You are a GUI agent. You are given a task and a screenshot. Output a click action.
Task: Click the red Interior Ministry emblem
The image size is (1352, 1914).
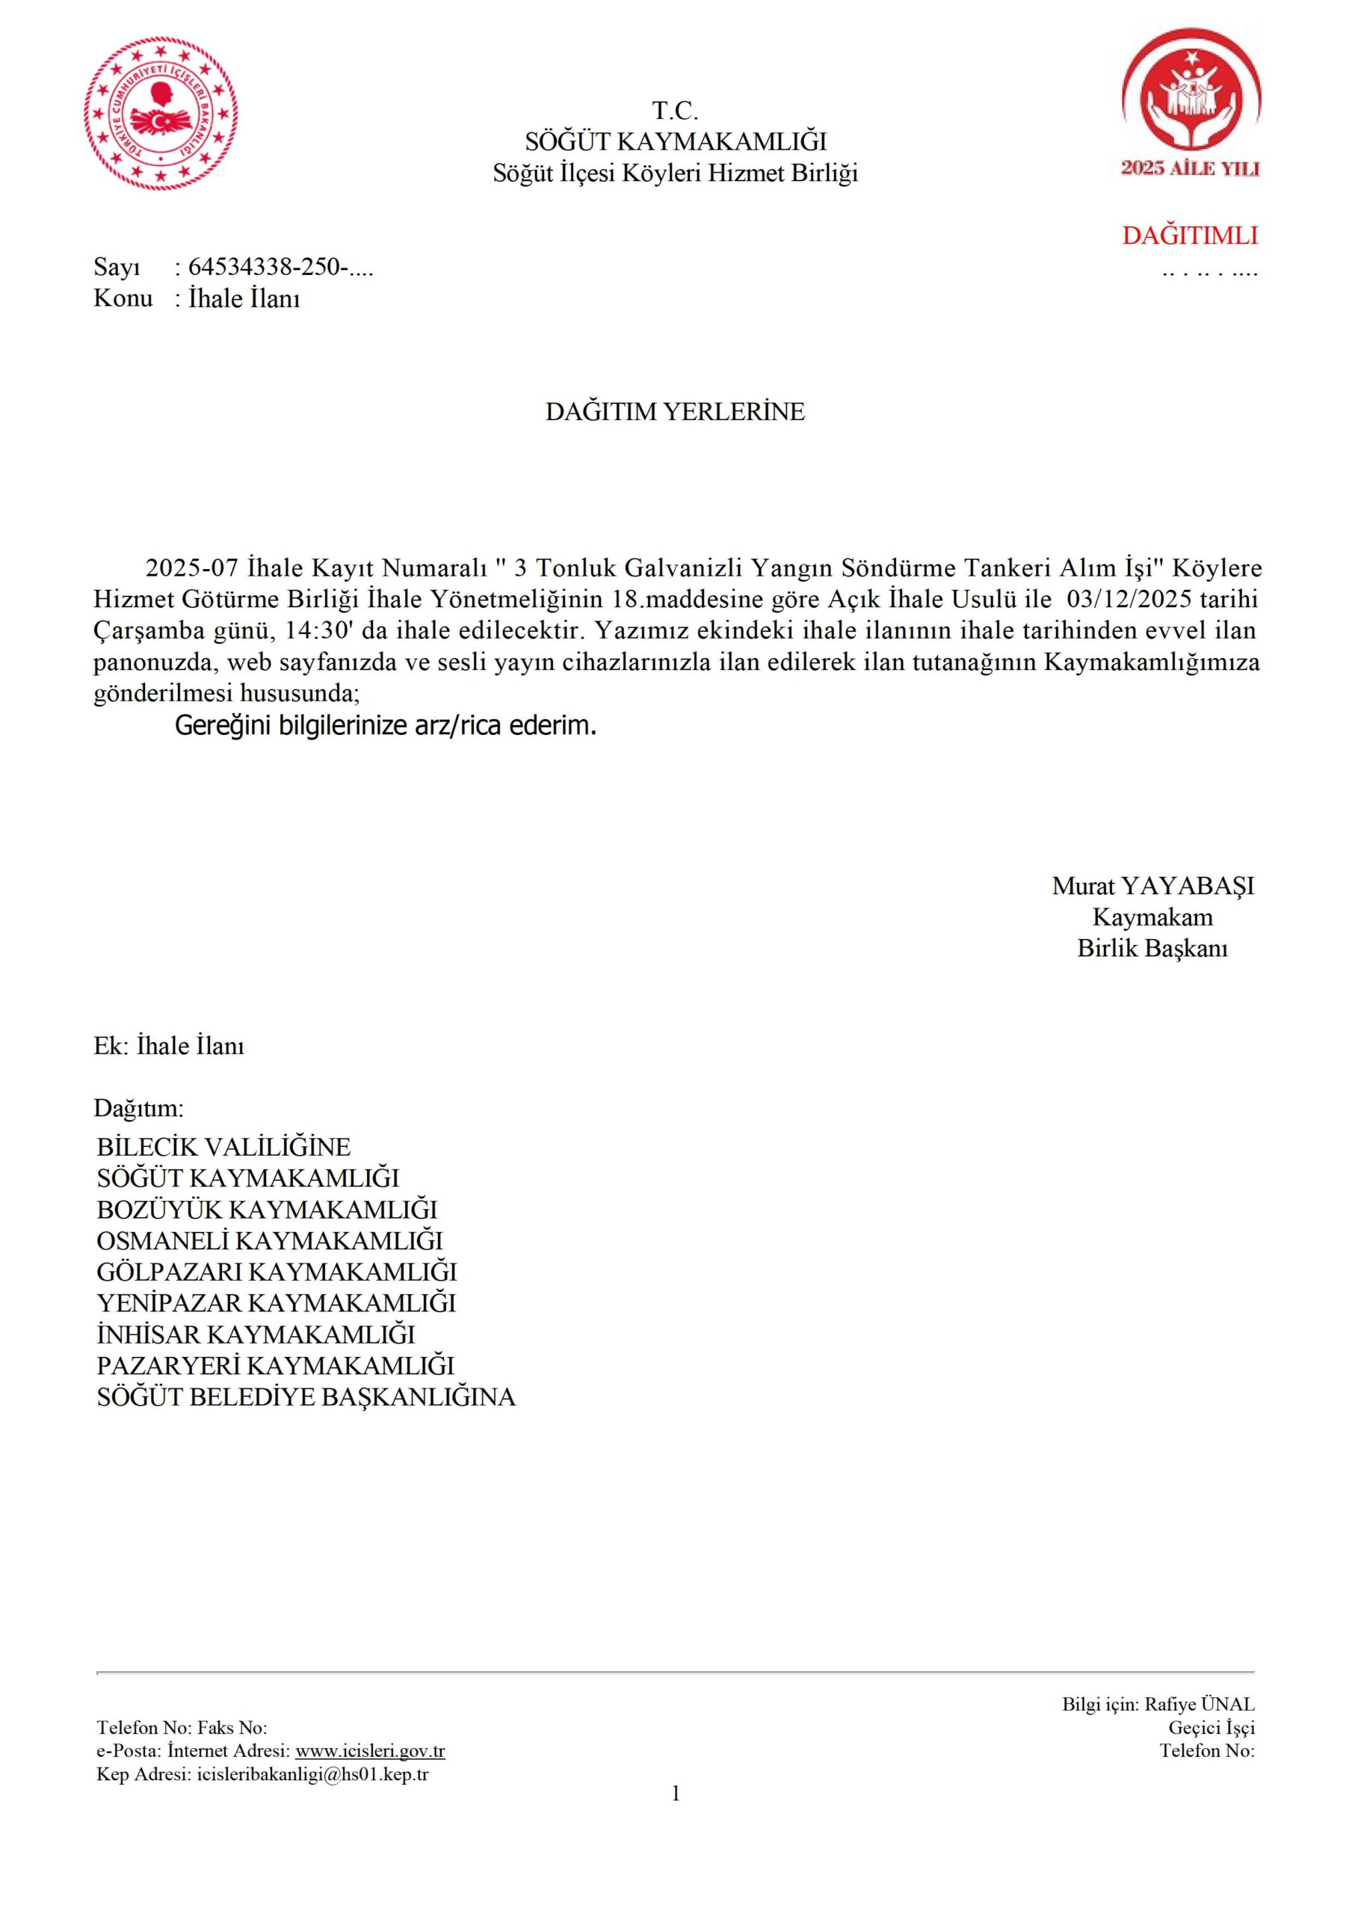pyautogui.click(x=161, y=117)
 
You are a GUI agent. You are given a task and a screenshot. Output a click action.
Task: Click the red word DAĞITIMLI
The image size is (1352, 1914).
pyautogui.click(x=1190, y=236)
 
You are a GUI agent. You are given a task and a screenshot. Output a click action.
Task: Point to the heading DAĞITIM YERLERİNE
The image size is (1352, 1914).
pyautogui.click(x=675, y=412)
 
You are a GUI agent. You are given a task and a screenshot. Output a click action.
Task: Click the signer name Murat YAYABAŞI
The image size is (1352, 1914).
pyautogui.click(x=1152, y=886)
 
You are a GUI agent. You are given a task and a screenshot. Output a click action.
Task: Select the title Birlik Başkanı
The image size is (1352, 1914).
pyautogui.click(x=1152, y=949)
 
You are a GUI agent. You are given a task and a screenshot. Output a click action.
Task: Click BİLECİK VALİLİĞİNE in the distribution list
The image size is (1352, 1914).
pyautogui.click(x=223, y=1147)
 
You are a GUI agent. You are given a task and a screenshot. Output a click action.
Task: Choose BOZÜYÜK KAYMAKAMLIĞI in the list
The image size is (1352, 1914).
pyautogui.click(x=267, y=1210)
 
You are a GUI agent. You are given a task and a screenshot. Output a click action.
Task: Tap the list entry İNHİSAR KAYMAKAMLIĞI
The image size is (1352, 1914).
pyautogui.click(x=256, y=1335)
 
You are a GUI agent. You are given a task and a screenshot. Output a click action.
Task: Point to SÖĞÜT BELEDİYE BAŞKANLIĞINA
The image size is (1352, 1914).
pyautogui.click(x=306, y=1397)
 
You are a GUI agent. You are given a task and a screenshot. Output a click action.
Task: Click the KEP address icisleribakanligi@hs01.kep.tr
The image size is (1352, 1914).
pyautogui.click(x=312, y=1773)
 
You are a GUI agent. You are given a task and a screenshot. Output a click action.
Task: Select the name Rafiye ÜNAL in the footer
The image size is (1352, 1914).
pyautogui.click(x=1200, y=1705)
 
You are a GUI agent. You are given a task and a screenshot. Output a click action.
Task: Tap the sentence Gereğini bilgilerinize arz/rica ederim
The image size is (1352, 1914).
pyautogui.click(x=385, y=726)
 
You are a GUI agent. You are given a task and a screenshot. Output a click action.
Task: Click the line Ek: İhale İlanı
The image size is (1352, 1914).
pyautogui.click(x=168, y=1046)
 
